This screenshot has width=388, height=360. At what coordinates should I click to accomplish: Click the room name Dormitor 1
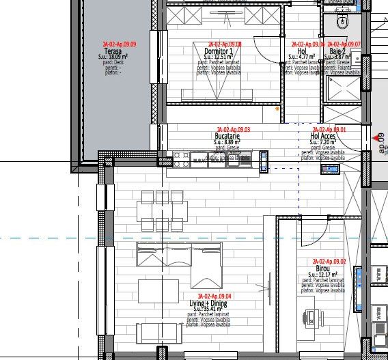[x=218, y=51]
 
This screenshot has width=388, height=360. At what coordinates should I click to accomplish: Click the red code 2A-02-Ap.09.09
[x=119, y=44]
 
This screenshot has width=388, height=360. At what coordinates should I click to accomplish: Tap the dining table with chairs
[x=163, y=211]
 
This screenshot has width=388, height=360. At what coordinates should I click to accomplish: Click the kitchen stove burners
[x=181, y=160]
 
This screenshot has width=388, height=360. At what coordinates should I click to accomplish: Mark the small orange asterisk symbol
[x=277, y=109]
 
